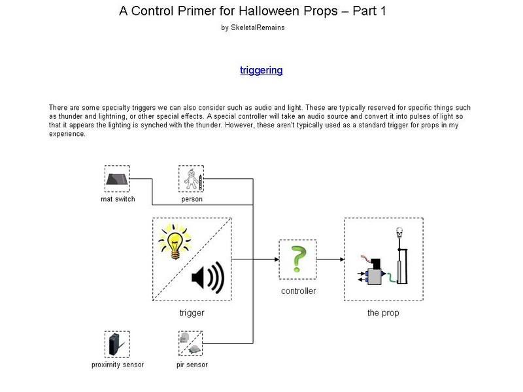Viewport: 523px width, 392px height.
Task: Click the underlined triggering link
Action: coord(261,71)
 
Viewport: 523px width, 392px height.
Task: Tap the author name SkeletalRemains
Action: coord(258,27)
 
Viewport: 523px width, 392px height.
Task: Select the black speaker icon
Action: coord(208,277)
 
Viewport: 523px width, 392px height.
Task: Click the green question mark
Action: coord(298,259)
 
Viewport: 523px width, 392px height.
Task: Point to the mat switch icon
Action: coord(117,179)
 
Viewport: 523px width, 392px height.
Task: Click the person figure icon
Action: coord(192,179)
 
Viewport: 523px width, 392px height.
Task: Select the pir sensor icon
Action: coord(190,344)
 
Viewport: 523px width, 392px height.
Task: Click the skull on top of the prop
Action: coord(399,233)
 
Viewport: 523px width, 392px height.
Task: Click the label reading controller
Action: coord(299,291)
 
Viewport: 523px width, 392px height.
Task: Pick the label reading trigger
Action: coord(192,313)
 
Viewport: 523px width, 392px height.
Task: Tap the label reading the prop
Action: coord(383,313)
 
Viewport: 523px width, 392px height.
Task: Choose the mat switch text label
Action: coord(118,199)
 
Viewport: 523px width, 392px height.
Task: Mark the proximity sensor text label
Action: coord(118,365)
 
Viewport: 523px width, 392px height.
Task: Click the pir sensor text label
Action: coord(192,365)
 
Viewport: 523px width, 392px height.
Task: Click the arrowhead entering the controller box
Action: coord(277,259)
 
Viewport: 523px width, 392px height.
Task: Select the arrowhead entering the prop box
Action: coord(342,259)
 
